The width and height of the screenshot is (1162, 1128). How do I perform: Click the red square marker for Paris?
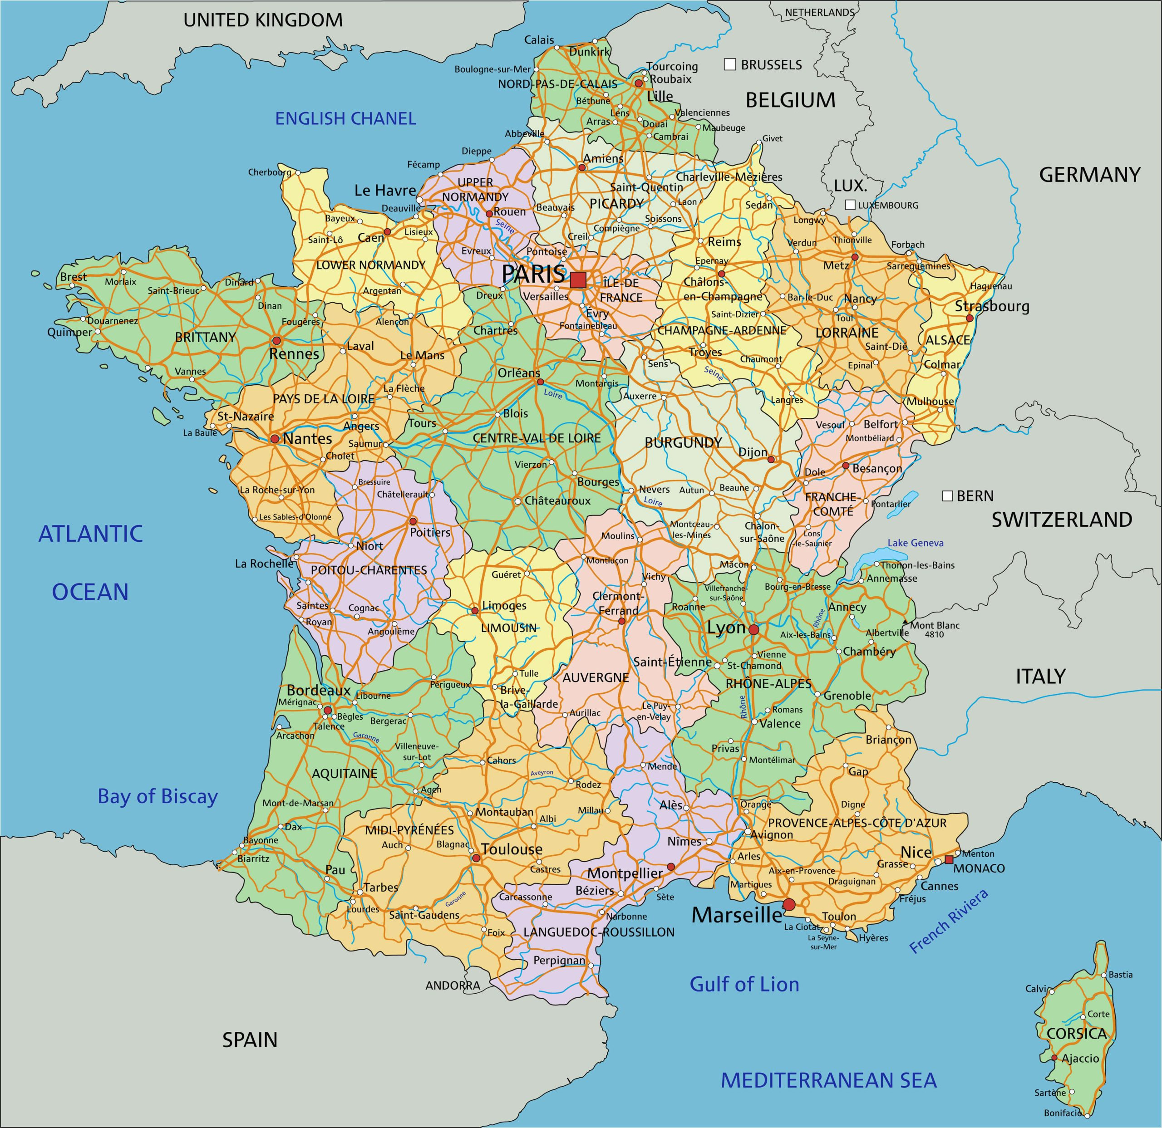pyautogui.click(x=578, y=280)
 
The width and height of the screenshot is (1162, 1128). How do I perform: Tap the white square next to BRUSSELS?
pyautogui.click(x=730, y=64)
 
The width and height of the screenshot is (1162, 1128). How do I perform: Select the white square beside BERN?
pyautogui.click(x=947, y=495)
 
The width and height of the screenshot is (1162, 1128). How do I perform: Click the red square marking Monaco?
pyautogui.click(x=949, y=859)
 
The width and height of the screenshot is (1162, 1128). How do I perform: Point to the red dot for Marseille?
pyautogui.click(x=789, y=905)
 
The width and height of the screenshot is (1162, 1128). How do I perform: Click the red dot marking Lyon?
pyautogui.click(x=753, y=629)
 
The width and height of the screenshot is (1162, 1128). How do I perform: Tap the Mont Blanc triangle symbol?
pyautogui.click(x=905, y=623)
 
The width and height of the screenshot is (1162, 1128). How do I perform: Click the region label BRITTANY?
pyautogui.click(x=205, y=337)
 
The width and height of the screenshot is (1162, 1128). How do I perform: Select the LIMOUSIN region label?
pyautogui.click(x=509, y=628)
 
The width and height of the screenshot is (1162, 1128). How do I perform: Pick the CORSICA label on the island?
pyautogui.click(x=1077, y=1034)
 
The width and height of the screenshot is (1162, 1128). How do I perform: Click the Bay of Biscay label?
pyautogui.click(x=158, y=796)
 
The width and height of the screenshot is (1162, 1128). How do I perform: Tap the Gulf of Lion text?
pyautogui.click(x=744, y=985)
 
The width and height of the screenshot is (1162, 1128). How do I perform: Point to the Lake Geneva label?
pyautogui.click(x=916, y=543)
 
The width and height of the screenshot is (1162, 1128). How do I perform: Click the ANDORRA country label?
pyautogui.click(x=453, y=986)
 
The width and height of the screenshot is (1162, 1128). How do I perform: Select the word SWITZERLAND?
pyautogui.click(x=1062, y=520)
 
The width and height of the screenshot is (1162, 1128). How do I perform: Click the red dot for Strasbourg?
pyautogui.click(x=970, y=319)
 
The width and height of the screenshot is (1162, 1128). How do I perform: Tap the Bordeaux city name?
pyautogui.click(x=319, y=691)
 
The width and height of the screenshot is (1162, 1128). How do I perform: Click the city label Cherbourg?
pyautogui.click(x=270, y=172)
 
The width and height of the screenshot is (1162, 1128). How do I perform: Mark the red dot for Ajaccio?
pyautogui.click(x=1054, y=1058)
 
